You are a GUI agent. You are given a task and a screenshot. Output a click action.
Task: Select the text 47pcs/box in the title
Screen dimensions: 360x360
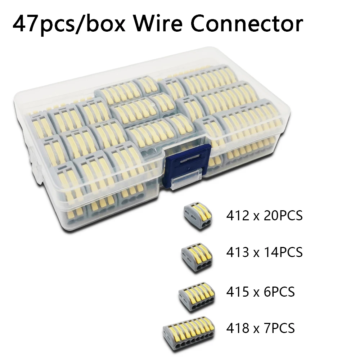(69, 25)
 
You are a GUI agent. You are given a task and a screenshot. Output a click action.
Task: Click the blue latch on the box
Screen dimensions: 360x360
(186, 165)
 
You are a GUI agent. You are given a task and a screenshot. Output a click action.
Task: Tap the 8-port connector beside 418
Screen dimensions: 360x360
(189, 336)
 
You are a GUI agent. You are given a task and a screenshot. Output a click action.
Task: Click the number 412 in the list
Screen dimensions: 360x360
(238, 216)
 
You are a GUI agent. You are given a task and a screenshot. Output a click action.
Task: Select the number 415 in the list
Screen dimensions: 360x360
(238, 292)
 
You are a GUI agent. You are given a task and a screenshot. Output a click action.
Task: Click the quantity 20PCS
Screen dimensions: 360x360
(283, 216)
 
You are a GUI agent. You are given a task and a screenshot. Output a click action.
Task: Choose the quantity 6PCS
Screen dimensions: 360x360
(279, 292)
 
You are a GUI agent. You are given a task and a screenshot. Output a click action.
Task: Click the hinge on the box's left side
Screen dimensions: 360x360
(35, 163)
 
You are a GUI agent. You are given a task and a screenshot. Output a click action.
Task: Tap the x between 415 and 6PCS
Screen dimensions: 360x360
(257, 293)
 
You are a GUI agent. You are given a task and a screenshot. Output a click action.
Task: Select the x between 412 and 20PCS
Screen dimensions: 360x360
(257, 217)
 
